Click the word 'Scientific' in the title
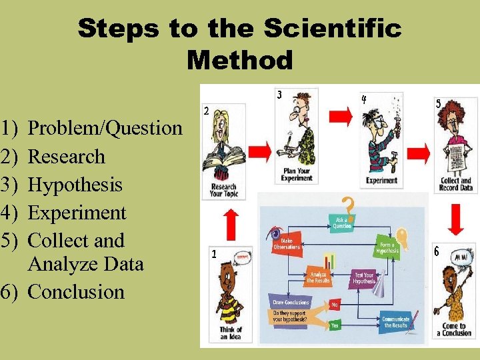click(x=333, y=29)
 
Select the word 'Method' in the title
click(x=240, y=60)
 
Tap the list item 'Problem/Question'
click(x=105, y=127)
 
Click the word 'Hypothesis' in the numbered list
click(x=75, y=184)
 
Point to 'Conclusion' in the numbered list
click(x=77, y=291)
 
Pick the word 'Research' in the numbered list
click(x=67, y=156)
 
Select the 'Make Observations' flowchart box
click(x=287, y=243)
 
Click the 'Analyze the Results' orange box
click(x=318, y=276)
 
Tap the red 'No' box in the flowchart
click(x=335, y=303)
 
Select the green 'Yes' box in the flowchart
click(x=335, y=325)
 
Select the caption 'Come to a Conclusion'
click(x=456, y=329)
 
